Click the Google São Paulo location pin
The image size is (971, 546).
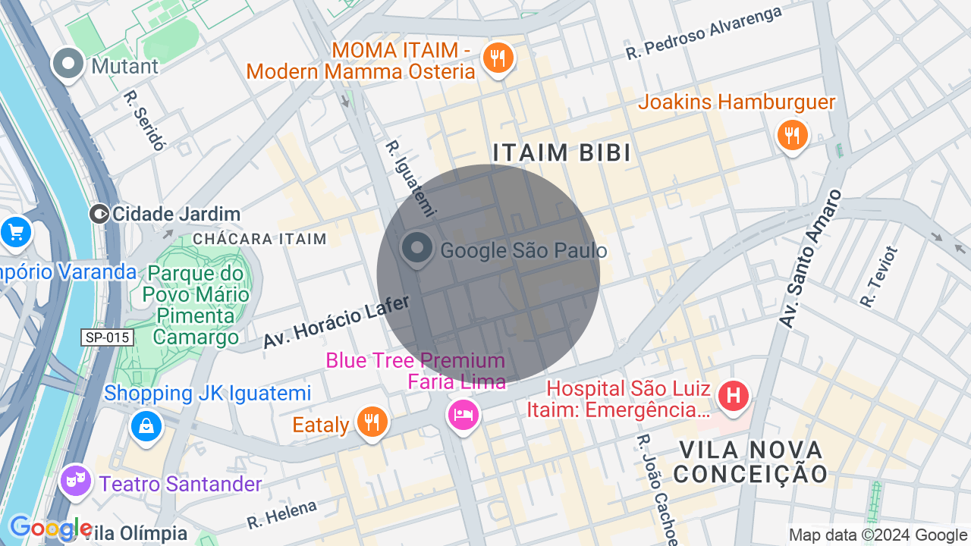pyautogui.click(x=416, y=249)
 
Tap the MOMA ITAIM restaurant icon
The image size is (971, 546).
pyautogui.click(x=498, y=58)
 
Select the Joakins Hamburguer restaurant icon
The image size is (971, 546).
pyautogui.click(x=792, y=136)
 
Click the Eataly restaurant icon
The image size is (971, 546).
pyautogui.click(x=371, y=422)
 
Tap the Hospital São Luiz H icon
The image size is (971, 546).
pyautogui.click(x=733, y=396)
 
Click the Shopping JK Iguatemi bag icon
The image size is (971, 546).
pyautogui.click(x=146, y=425)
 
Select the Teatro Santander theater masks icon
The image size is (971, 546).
pyautogui.click(x=75, y=480)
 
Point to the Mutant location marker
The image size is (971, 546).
pyautogui.click(x=69, y=64)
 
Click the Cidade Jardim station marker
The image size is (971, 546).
pyautogui.click(x=99, y=214)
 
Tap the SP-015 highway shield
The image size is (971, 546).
pyautogui.click(x=108, y=337)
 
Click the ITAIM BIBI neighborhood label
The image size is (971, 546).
pyautogui.click(x=562, y=152)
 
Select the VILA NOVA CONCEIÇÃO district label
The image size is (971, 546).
pyautogui.click(x=750, y=462)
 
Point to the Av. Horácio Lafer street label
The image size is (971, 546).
pyautogui.click(x=337, y=322)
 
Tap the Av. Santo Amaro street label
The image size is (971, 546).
pyautogui.click(x=810, y=259)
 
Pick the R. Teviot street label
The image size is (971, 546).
pyautogui.click(x=880, y=277)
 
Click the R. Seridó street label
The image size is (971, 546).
pyautogui.click(x=144, y=121)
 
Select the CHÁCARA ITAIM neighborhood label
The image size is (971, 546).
pyautogui.click(x=259, y=239)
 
